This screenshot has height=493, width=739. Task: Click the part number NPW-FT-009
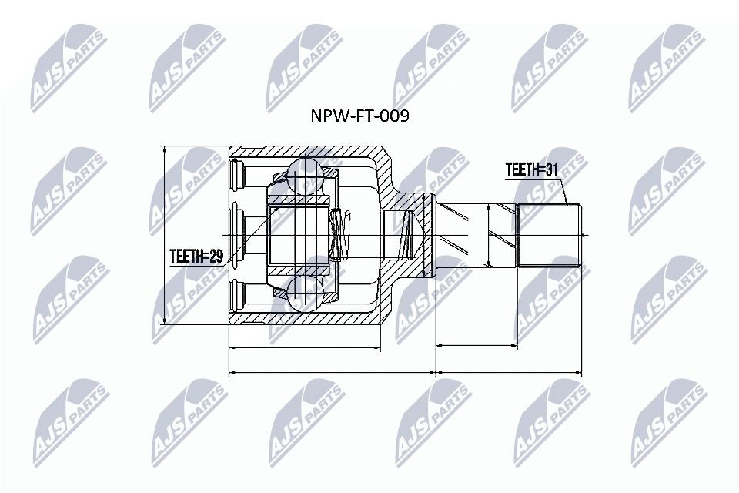pyautogui.click(x=359, y=116)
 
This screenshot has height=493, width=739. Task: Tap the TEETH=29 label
pyautogui.click(x=196, y=257)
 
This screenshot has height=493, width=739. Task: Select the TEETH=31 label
pyautogui.click(x=531, y=169)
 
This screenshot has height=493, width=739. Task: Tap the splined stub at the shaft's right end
pyautogui.click(x=550, y=234)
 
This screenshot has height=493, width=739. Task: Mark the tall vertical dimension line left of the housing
pyautogui.click(x=164, y=236)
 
